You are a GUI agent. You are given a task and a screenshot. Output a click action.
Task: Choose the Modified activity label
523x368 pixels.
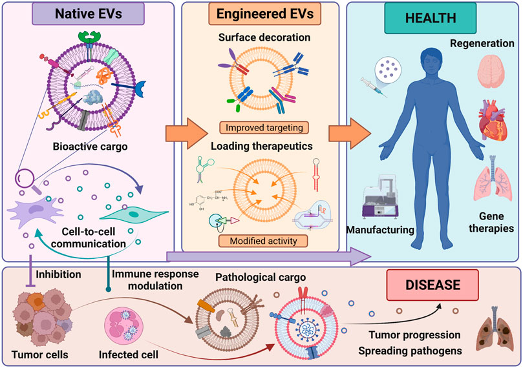(264, 242)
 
